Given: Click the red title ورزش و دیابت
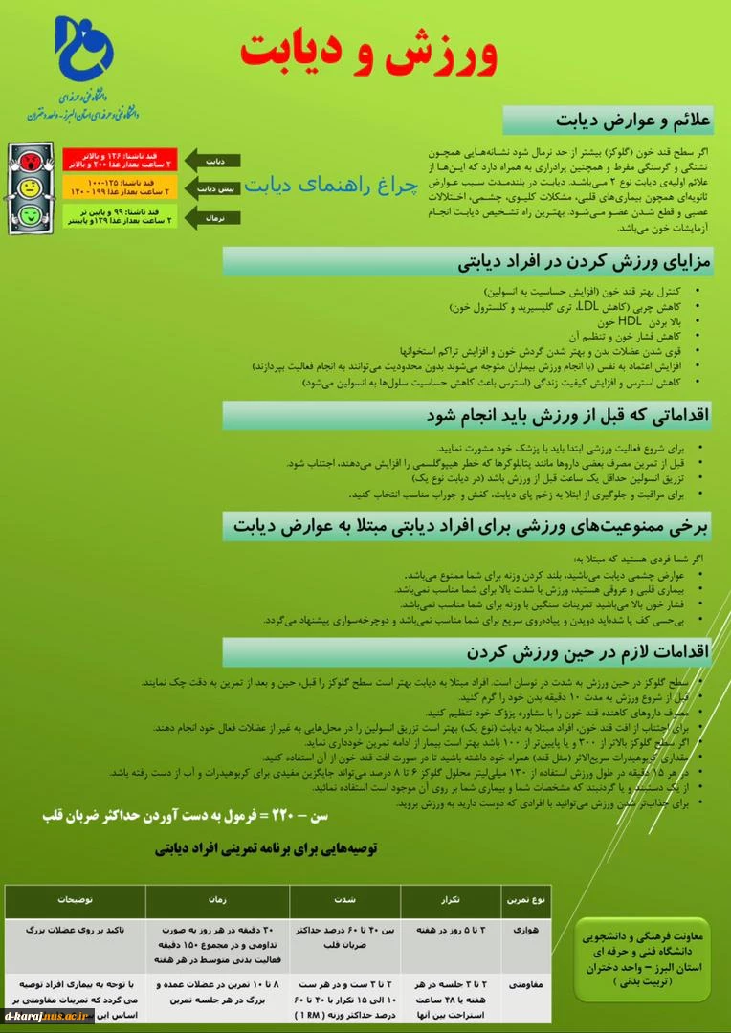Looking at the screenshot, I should (368, 50).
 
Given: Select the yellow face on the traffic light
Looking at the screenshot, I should (28, 187).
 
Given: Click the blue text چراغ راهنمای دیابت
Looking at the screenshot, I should (332, 185).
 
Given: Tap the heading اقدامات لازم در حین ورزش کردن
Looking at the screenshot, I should (588, 652).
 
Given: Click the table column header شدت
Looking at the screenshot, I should (345, 900).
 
